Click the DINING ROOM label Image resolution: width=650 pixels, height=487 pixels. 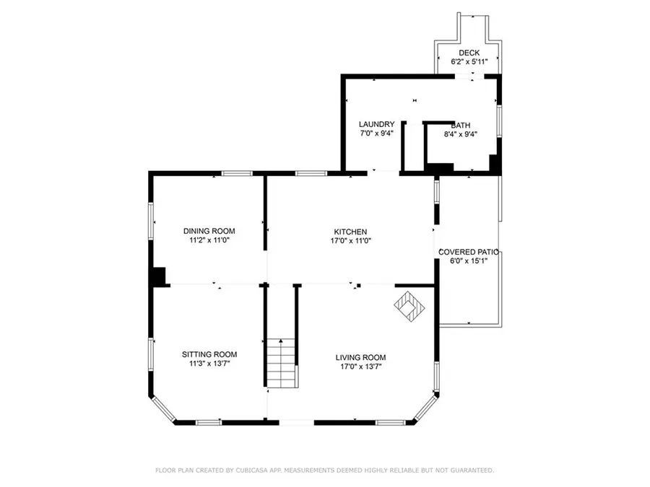[209, 231]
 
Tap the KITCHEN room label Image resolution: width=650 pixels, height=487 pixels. [350, 232]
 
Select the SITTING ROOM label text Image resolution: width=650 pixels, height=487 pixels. [209, 354]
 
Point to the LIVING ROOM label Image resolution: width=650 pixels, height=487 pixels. [360, 357]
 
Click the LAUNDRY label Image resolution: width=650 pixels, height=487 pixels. [376, 124]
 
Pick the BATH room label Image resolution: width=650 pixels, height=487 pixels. [461, 125]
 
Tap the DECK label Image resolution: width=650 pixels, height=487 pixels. [469, 53]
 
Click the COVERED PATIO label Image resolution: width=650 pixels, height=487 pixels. [469, 252]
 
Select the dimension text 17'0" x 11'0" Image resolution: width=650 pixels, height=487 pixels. [350, 240]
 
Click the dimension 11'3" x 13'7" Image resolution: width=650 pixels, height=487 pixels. [209, 364]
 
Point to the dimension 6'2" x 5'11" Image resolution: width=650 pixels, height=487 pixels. [469, 62]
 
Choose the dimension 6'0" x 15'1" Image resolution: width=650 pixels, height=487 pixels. [469, 261]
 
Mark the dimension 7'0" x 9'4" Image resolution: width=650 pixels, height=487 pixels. [376, 133]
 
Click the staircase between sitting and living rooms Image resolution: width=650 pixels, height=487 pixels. [282, 363]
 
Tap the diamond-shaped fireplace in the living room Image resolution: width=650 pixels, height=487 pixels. [409, 306]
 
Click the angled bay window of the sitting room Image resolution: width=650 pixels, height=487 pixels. [163, 409]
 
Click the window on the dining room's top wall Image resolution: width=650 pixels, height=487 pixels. [237, 173]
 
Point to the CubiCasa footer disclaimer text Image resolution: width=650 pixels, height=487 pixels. [324, 470]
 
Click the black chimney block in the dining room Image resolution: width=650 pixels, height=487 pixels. [160, 276]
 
